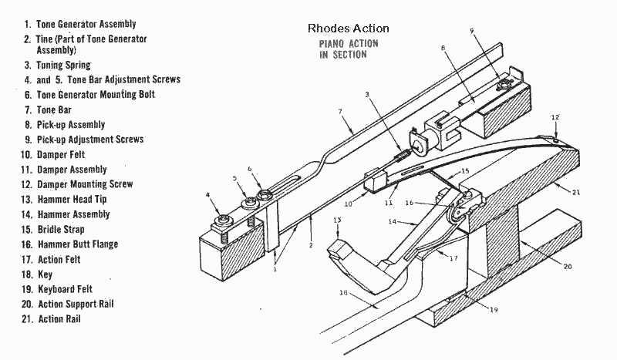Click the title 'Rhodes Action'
348,29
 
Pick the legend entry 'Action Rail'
58,318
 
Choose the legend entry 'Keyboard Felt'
69,288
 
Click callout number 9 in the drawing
472,30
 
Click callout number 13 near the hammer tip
337,221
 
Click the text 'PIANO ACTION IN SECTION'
349,49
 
